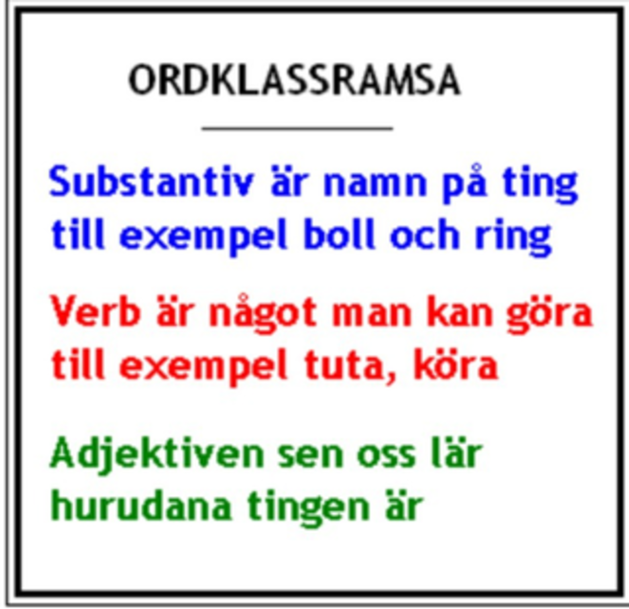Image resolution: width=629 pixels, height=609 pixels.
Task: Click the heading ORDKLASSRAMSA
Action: [294, 80]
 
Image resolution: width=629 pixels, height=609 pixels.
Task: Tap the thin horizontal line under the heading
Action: [297, 128]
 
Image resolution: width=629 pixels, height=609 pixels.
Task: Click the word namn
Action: [375, 184]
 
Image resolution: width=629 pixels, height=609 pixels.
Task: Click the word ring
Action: [513, 238]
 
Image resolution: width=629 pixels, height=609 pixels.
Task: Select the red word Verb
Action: [96, 311]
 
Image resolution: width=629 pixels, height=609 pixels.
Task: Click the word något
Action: [262, 314]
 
